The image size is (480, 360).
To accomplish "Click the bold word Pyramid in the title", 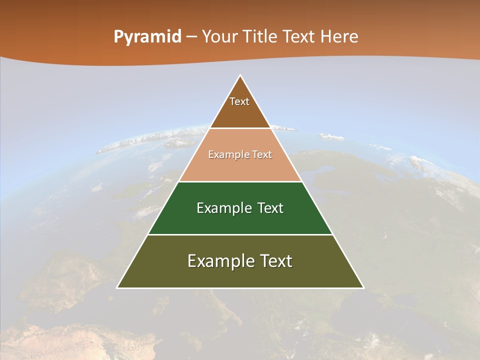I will (x=147, y=37).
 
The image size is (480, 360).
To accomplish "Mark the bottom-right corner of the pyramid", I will (x=363, y=287).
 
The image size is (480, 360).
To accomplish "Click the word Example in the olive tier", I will (x=219, y=261).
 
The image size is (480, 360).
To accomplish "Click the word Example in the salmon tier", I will (x=226, y=154).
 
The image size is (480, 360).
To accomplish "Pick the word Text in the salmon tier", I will (x=262, y=154).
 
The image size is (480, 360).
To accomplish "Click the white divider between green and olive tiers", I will (x=240, y=234).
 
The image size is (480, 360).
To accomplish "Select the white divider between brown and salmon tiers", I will (x=240, y=128).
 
